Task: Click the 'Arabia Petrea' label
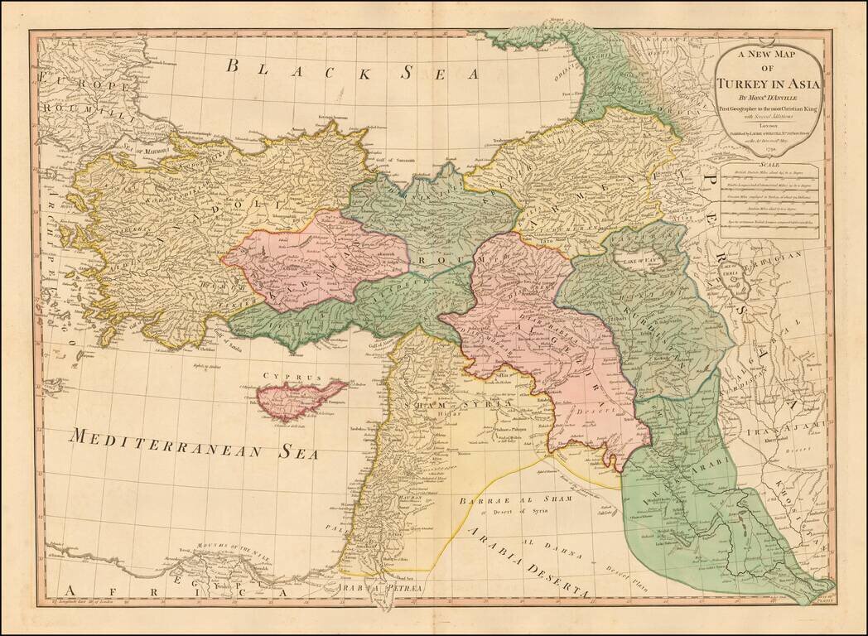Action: click(x=382, y=588)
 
